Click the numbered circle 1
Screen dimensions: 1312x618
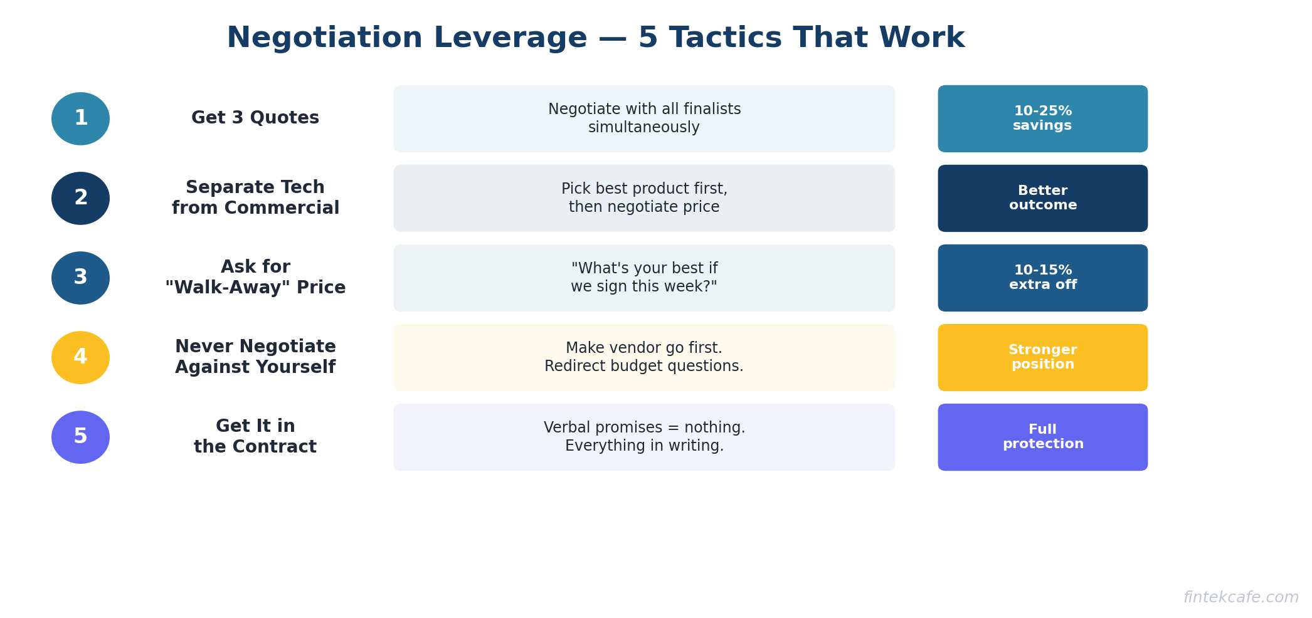[80, 118]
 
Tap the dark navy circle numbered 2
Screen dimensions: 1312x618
[80, 198]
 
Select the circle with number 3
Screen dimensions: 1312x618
[80, 278]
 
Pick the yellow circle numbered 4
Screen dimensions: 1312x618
[80, 357]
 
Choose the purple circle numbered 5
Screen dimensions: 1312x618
[80, 437]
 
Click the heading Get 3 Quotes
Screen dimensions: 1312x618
[255, 118]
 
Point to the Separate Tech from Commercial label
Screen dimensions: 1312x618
[255, 197]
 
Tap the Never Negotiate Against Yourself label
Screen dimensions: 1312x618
[255, 357]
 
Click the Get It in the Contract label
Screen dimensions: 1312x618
[255, 436]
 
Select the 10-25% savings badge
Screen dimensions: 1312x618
[1042, 118]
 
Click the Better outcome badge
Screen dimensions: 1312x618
[1042, 198]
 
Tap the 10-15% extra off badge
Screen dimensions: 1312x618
[1042, 278]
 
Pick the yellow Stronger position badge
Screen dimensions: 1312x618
[1042, 357]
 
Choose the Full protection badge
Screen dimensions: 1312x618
[1042, 437]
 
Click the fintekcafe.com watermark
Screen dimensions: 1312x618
[1241, 597]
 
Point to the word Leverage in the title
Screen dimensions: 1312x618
[510, 38]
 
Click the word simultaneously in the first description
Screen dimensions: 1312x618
[644, 127]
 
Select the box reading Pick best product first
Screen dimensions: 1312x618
[644, 198]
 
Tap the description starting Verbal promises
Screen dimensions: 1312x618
[644, 437]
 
